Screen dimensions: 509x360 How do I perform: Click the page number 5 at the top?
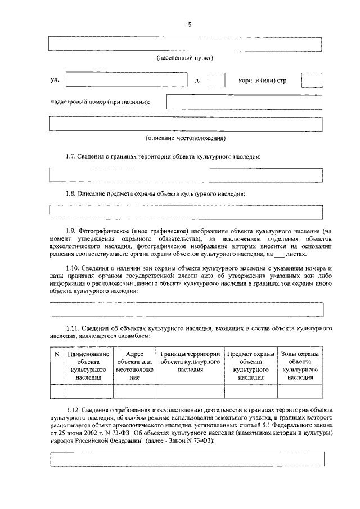pos(190,24)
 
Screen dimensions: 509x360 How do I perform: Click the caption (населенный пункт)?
pos(185,58)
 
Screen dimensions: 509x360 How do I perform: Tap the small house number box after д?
pos(216,80)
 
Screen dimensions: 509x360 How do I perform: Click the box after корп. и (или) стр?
pos(312,80)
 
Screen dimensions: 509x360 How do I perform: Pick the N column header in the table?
pos(57,355)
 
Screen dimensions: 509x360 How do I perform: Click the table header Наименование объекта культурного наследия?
pos(88,367)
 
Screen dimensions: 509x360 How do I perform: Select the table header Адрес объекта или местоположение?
pos(134,367)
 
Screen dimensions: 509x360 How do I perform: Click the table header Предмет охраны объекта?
pos(251,367)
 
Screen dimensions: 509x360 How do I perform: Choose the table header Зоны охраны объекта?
pos(300,367)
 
